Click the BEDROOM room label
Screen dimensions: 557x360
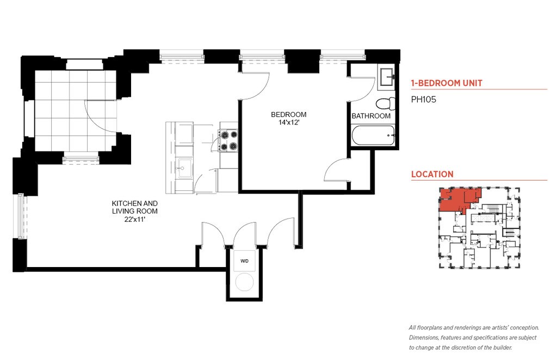pyautogui.click(x=288, y=115)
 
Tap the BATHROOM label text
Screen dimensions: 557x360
pyautogui.click(x=371, y=116)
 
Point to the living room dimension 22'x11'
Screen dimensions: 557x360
pyautogui.click(x=135, y=219)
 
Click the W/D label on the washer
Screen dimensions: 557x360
pyautogui.click(x=244, y=261)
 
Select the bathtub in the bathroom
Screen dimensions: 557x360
pyautogui.click(x=373, y=135)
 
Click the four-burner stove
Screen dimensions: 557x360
pyautogui.click(x=228, y=141)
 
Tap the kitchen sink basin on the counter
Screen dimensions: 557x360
pyautogui.click(x=184, y=168)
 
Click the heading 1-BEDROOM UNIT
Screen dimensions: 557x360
pyautogui.click(x=447, y=83)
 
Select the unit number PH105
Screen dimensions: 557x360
pyautogui.click(x=423, y=100)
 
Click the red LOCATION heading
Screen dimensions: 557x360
pyautogui.click(x=432, y=175)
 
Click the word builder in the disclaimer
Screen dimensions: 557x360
pyautogui.click(x=502, y=347)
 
